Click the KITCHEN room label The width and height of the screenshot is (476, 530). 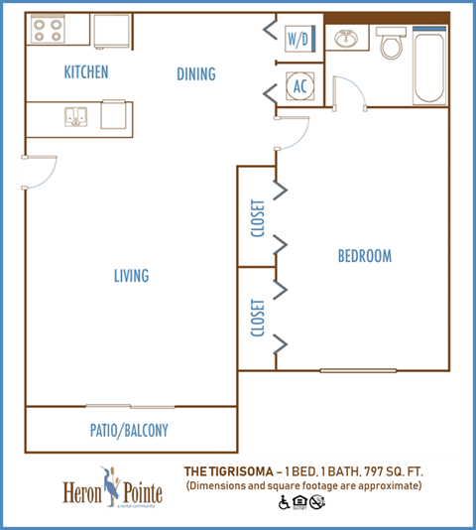(x=85, y=72)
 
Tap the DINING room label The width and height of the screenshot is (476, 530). (x=195, y=74)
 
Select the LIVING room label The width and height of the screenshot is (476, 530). (x=130, y=276)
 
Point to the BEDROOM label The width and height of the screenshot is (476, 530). (x=364, y=256)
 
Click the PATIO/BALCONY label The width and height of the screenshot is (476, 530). (x=130, y=431)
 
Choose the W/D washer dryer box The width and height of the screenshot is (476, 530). (x=298, y=40)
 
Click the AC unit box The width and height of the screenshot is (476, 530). (x=298, y=85)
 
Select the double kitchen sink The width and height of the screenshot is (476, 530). (x=75, y=118)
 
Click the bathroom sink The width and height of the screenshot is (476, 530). (x=347, y=41)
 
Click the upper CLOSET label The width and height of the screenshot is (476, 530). (x=257, y=218)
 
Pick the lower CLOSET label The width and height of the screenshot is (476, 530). (x=257, y=318)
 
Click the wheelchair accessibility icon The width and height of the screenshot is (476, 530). (x=284, y=502)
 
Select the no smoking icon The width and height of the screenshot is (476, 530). (x=316, y=502)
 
